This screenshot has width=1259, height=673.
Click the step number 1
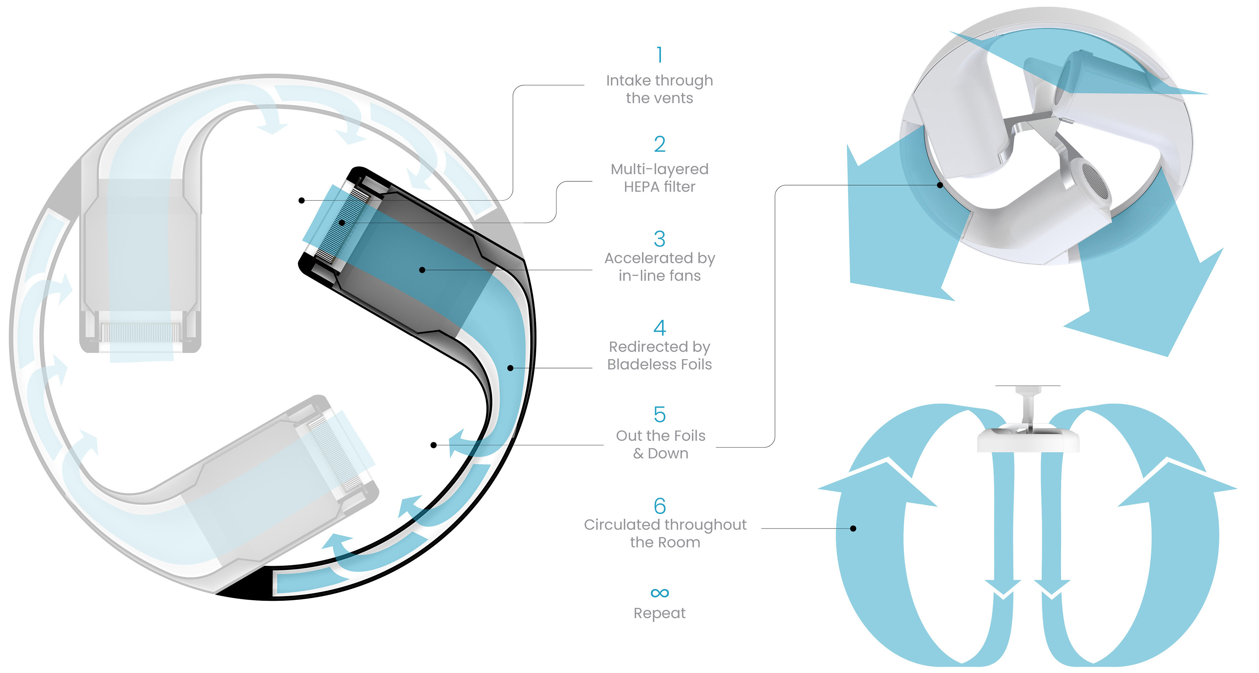tap(660, 55)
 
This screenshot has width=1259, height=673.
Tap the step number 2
tap(660, 144)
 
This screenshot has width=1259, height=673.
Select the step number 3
tap(660, 239)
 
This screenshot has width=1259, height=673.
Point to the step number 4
tap(660, 327)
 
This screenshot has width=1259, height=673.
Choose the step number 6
tap(660, 506)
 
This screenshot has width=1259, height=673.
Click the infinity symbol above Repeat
tap(660, 593)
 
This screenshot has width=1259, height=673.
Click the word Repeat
tap(660, 613)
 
